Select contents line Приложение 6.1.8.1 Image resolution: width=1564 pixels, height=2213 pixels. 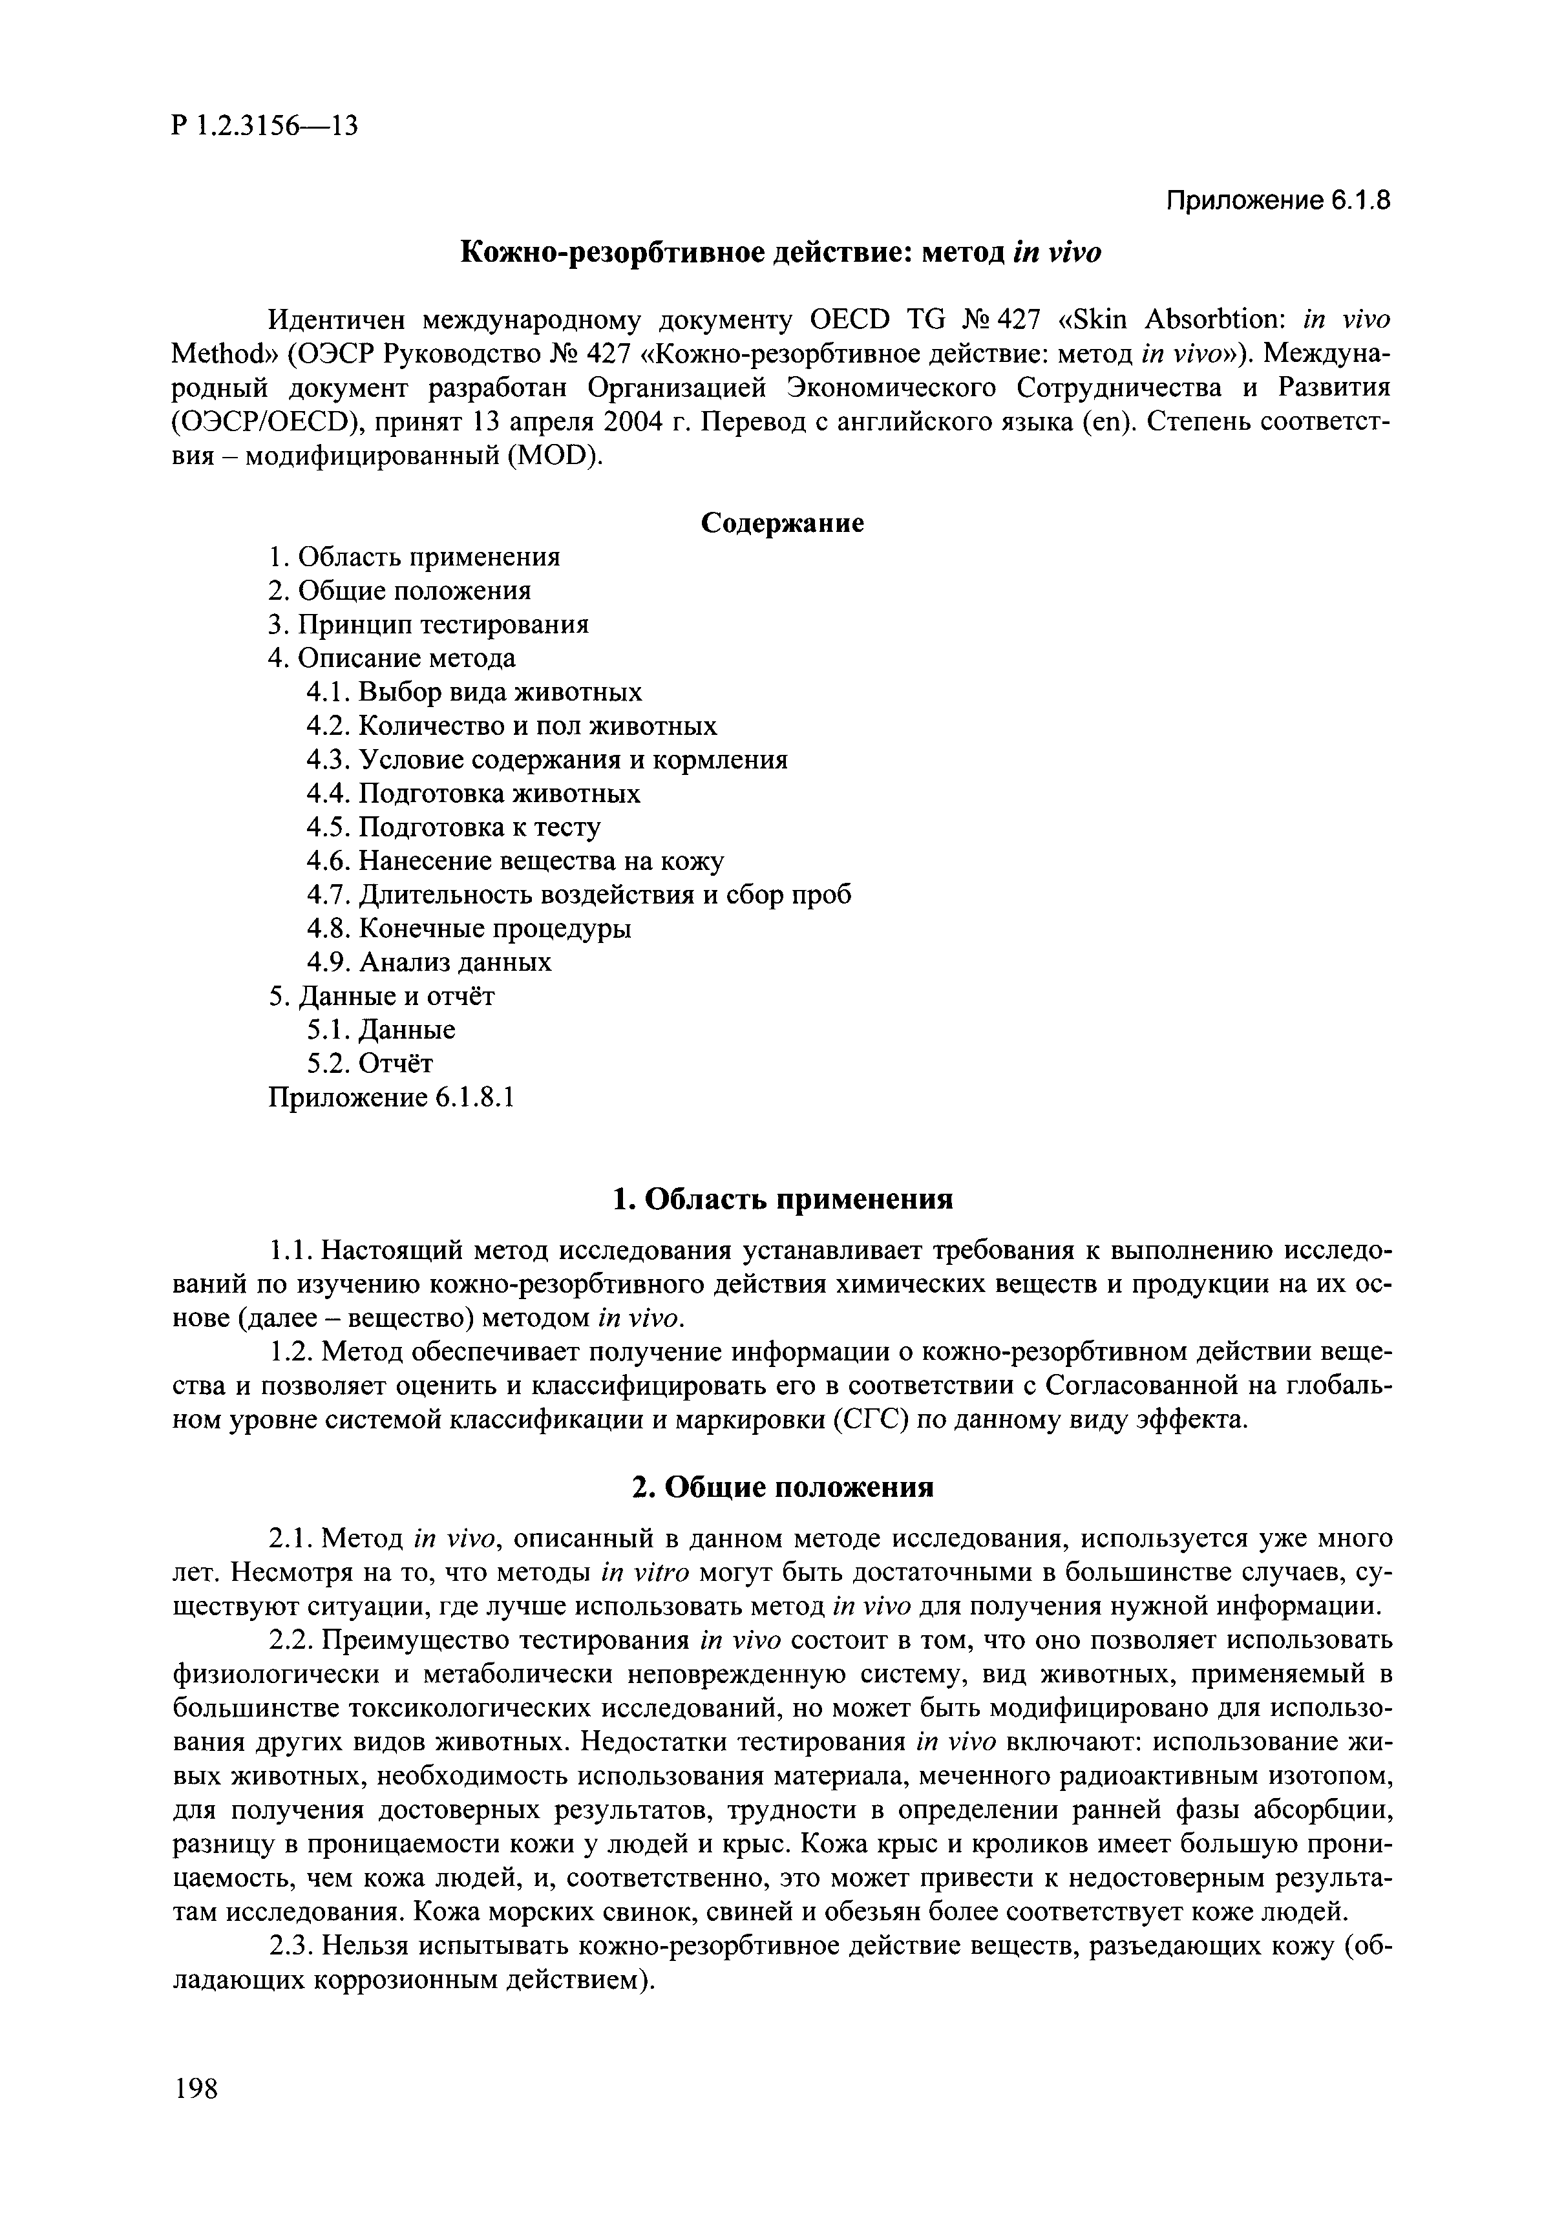(x=391, y=1097)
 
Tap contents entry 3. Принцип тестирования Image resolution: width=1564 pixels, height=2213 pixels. (x=428, y=624)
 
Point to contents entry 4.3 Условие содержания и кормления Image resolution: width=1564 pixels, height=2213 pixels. (x=546, y=759)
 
